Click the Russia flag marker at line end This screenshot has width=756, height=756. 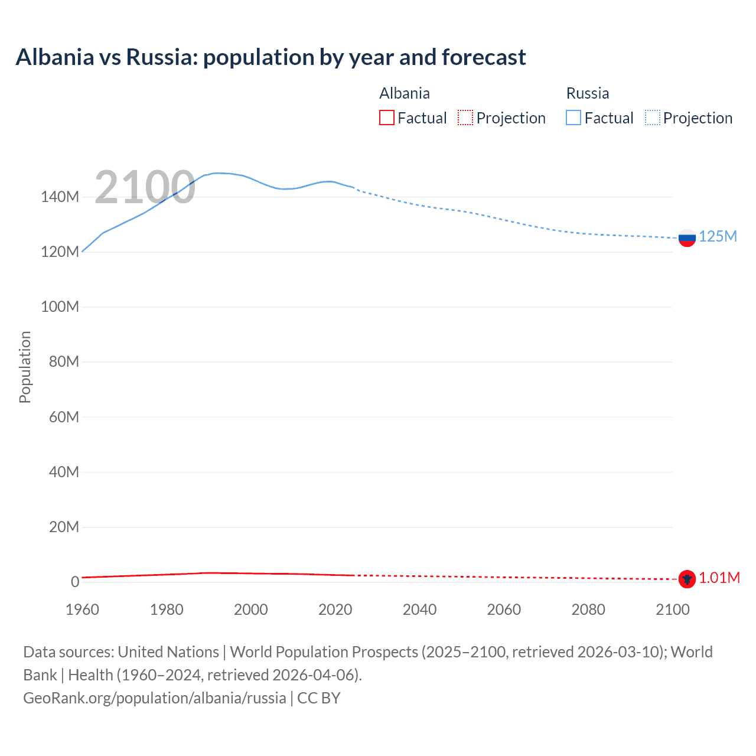(x=687, y=238)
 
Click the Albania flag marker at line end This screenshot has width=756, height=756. (x=687, y=579)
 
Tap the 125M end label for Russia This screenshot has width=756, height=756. (x=718, y=237)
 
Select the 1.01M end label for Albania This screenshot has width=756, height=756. (x=719, y=578)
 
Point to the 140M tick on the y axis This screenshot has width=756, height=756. (x=60, y=197)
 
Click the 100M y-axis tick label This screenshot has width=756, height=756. (x=60, y=307)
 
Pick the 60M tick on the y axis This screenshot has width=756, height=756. (x=64, y=417)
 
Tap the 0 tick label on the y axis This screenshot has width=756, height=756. (x=75, y=582)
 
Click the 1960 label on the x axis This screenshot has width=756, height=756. (x=82, y=610)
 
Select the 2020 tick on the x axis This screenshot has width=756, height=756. (x=335, y=610)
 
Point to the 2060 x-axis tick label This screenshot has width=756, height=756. (x=504, y=610)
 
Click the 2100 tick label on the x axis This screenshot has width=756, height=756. (x=672, y=610)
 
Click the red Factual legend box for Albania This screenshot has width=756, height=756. (x=386, y=118)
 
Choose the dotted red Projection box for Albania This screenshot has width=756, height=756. (x=465, y=118)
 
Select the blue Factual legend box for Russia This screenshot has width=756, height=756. (x=573, y=118)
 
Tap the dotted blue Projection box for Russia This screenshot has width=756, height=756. (x=653, y=118)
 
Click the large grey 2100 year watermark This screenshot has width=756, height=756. (x=145, y=187)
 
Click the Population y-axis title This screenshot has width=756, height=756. (x=25, y=367)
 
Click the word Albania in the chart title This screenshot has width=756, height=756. (x=55, y=57)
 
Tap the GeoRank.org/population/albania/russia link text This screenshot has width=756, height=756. (x=155, y=698)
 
